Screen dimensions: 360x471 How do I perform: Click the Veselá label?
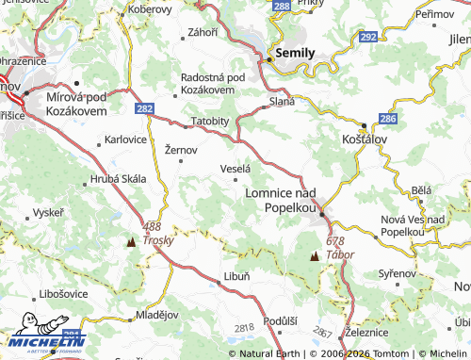pos(235,168)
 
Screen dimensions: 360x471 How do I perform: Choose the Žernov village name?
pos(181,150)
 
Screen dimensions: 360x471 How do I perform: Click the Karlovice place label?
pos(125,139)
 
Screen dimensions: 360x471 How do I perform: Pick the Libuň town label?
pos(235,276)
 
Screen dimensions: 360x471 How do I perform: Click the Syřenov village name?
pos(397,273)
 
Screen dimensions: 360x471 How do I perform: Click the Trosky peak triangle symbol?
pos(129,241)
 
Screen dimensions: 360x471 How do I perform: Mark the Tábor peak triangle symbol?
pos(313,255)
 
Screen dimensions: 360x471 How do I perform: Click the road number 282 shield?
pos(144,109)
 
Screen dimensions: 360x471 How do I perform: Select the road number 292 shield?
pos(368,37)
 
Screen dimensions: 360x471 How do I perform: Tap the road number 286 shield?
pos(387,120)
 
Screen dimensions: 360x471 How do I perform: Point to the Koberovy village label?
pos(151,9)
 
